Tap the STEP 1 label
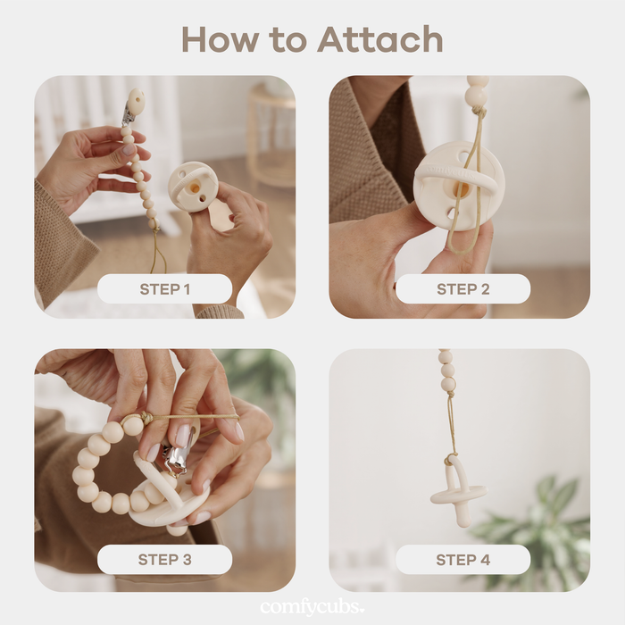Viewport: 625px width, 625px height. tap(164, 288)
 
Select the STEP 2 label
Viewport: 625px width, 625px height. tap(462, 288)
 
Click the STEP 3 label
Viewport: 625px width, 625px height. tap(164, 560)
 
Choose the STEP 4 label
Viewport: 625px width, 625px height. tap(462, 560)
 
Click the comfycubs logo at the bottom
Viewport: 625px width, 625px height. tap(312, 608)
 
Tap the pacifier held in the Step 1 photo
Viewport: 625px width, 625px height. tap(193, 186)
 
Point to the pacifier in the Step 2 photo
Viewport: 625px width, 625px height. tap(458, 183)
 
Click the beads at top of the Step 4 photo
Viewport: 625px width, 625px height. tap(446, 370)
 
